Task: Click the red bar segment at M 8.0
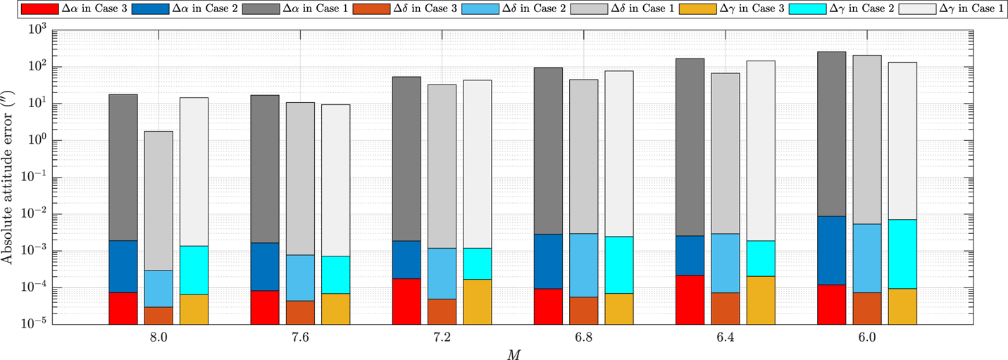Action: point(123,308)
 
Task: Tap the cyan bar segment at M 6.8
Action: point(619,265)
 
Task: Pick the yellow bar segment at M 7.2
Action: point(478,302)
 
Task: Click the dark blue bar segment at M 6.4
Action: point(690,255)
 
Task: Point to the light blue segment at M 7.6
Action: point(300,278)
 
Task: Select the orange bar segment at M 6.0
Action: point(866,308)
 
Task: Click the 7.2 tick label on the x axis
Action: point(442,337)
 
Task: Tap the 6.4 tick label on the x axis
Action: point(726,337)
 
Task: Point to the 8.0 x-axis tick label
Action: point(159,337)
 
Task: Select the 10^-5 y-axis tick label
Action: point(33,325)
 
